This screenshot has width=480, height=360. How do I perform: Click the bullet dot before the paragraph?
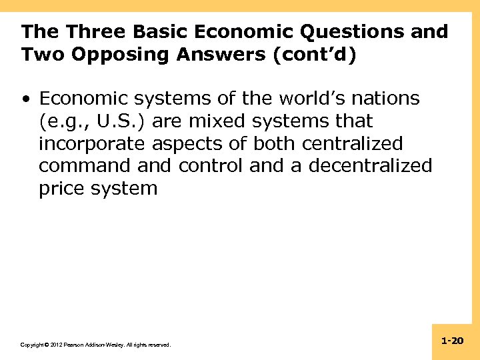pos(25,99)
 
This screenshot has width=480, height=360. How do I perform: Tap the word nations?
pos(386,99)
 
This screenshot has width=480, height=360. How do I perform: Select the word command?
pos(82,165)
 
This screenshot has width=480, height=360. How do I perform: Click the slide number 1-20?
pos(452,341)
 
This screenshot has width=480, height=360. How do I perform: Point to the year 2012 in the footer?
pos(53,345)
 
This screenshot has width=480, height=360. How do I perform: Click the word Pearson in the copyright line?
pos(73,345)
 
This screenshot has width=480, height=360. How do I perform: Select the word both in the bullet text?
pos(277,143)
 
